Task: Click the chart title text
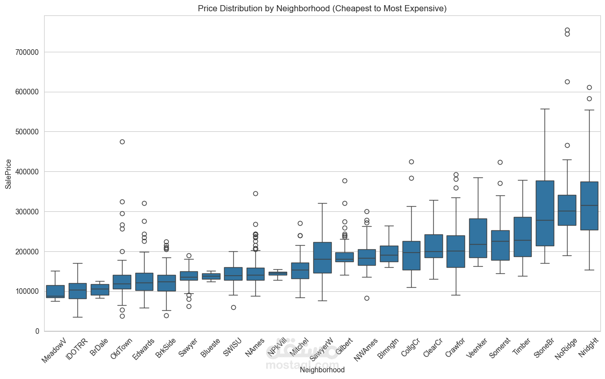click(322, 8)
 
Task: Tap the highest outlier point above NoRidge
click(567, 30)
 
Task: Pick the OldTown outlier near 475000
click(122, 142)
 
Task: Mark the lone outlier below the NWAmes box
click(367, 298)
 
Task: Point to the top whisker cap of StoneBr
click(544, 109)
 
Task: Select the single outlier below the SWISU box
click(233, 307)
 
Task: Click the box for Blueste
click(211, 276)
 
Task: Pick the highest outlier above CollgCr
click(411, 162)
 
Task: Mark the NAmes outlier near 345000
click(255, 193)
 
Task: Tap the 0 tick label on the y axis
click(37, 331)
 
